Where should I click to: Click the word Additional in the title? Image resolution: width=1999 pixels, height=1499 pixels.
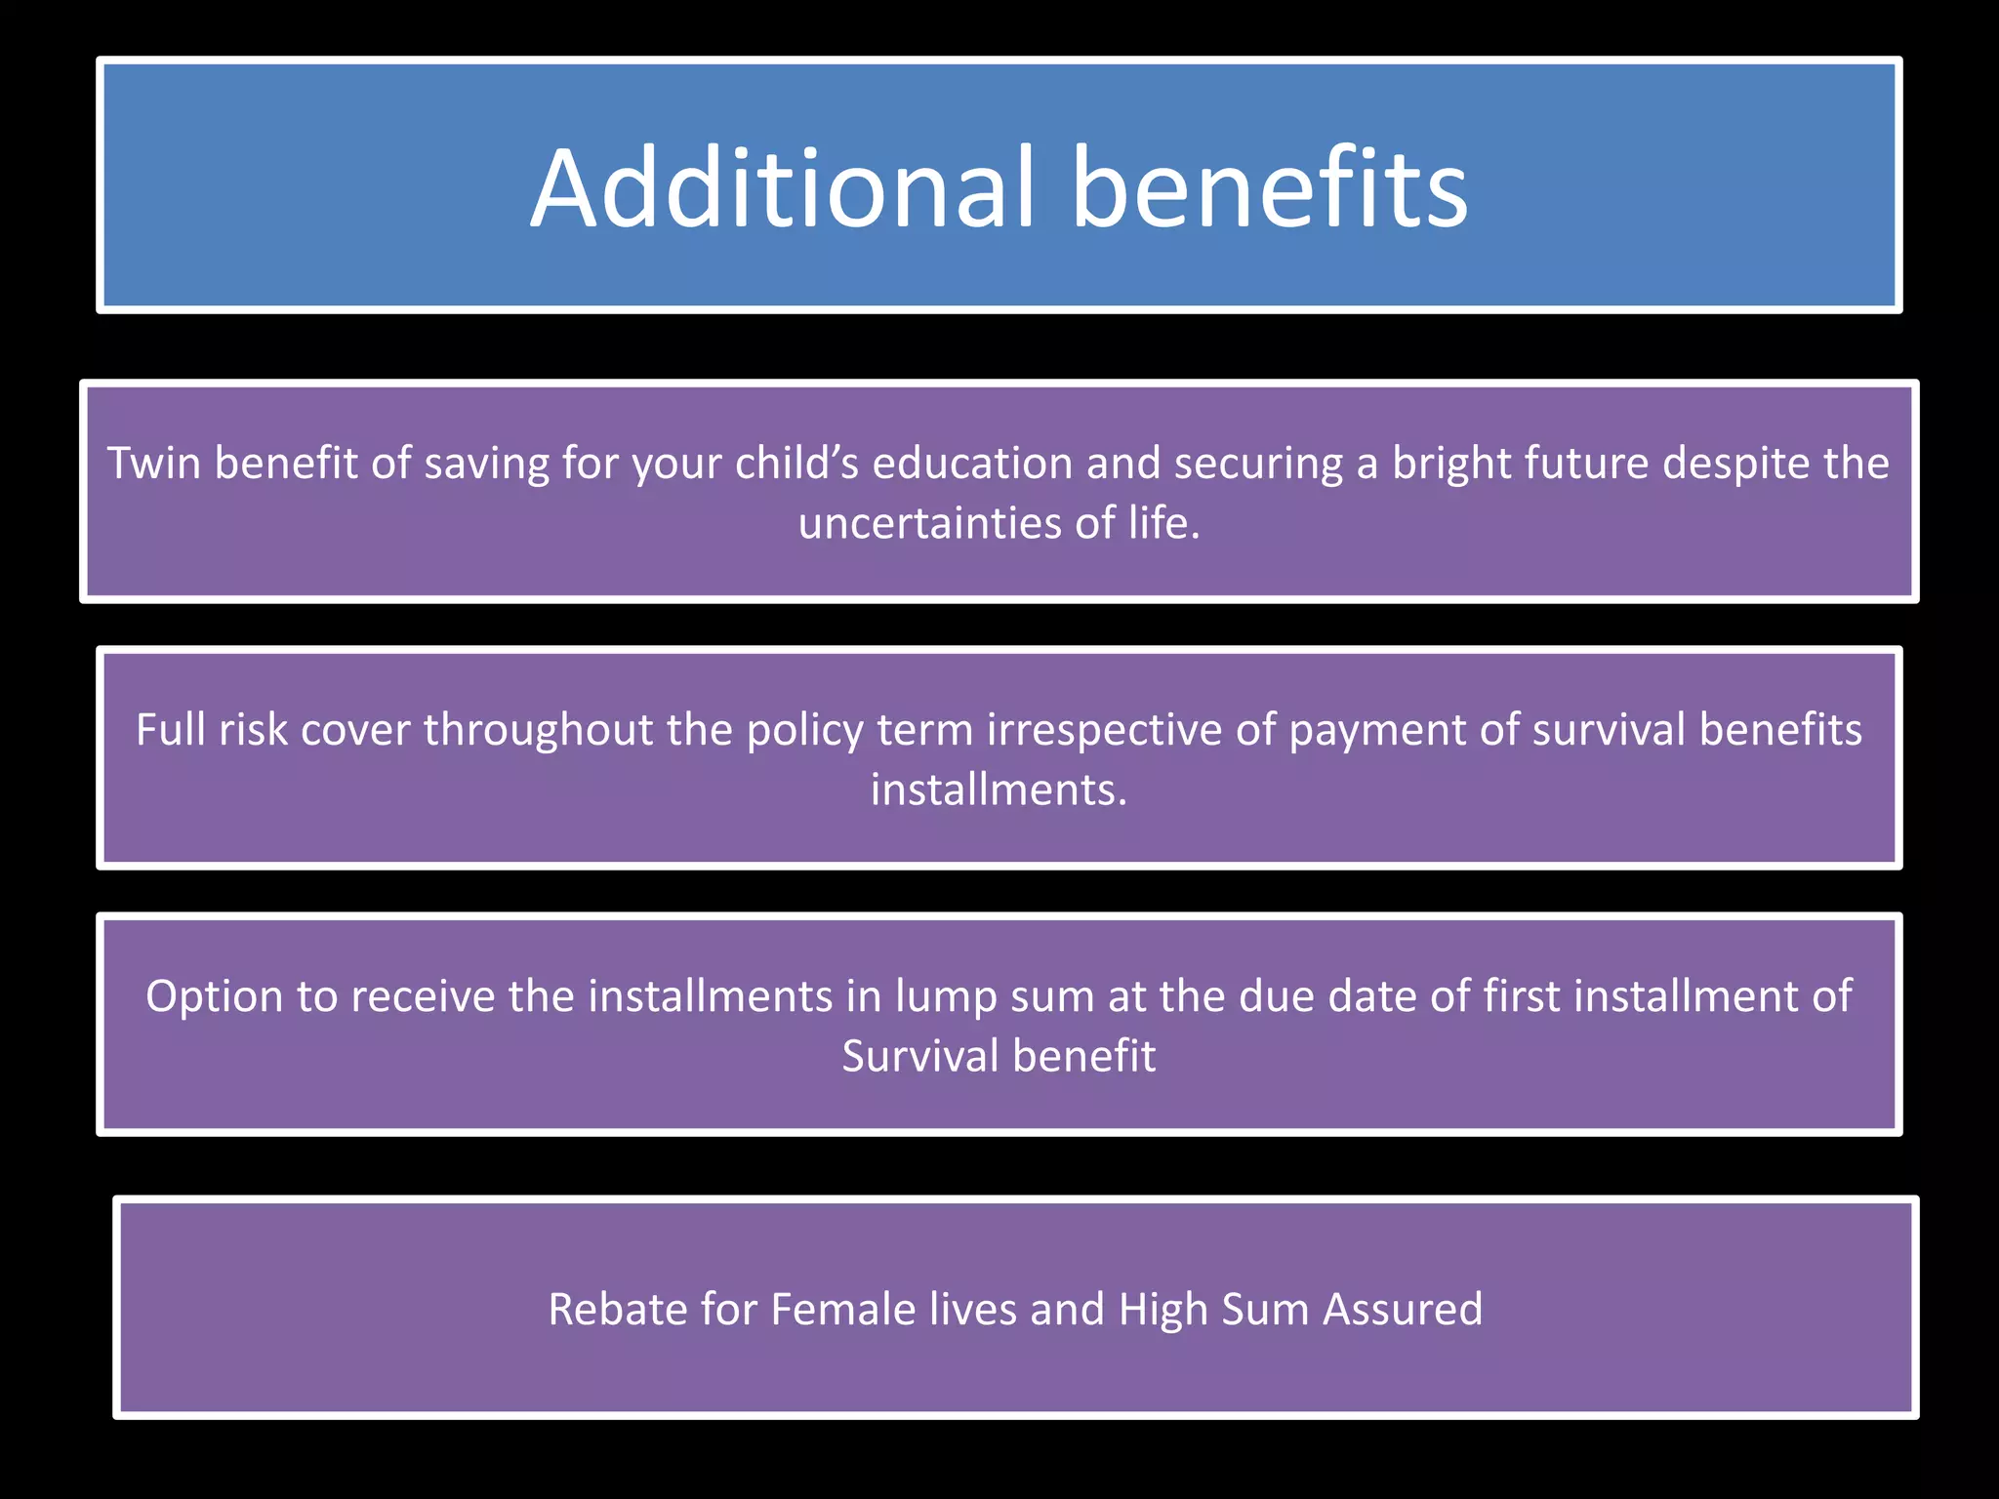pyautogui.click(x=781, y=187)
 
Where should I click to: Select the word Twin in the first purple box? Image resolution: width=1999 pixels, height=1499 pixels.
pyautogui.click(x=153, y=463)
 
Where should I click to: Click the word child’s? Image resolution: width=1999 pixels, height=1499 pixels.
pyautogui.click(x=796, y=463)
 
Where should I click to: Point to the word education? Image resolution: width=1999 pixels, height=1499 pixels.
pyautogui.click(x=972, y=463)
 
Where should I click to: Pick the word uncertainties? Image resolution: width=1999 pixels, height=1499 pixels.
pyautogui.click(x=930, y=523)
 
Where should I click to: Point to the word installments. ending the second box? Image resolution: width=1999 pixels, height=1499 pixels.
pyautogui.click(x=999, y=790)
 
